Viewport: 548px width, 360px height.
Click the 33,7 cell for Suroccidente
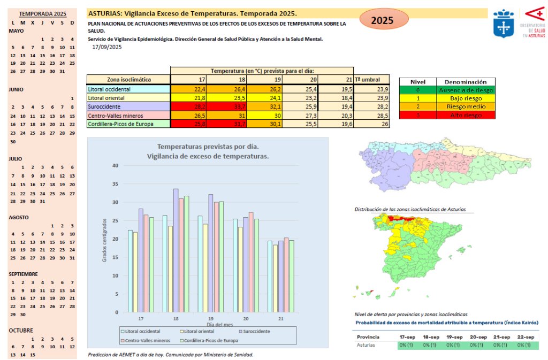pyautogui.click(x=225, y=106)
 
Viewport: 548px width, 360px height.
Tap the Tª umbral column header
pyautogui.click(x=367, y=80)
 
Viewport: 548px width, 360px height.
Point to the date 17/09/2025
pyautogui.click(x=107, y=47)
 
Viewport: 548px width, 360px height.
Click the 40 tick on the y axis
pyautogui.click(x=115, y=165)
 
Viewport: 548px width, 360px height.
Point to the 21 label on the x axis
pyautogui.click(x=281, y=319)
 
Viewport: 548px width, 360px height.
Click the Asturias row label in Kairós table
pyautogui.click(x=367, y=345)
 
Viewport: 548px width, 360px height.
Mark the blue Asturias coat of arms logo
pyautogui.click(x=504, y=24)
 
